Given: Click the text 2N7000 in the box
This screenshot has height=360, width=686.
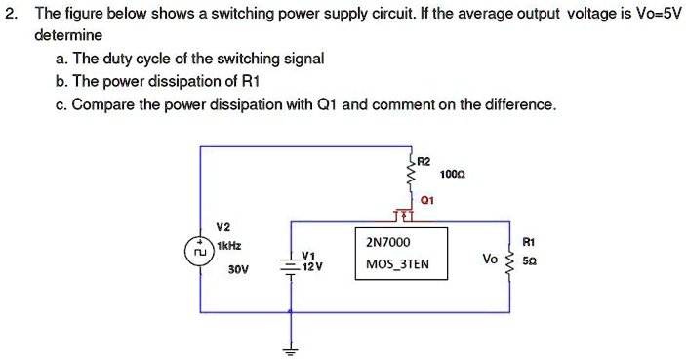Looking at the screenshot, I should coord(388,242).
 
